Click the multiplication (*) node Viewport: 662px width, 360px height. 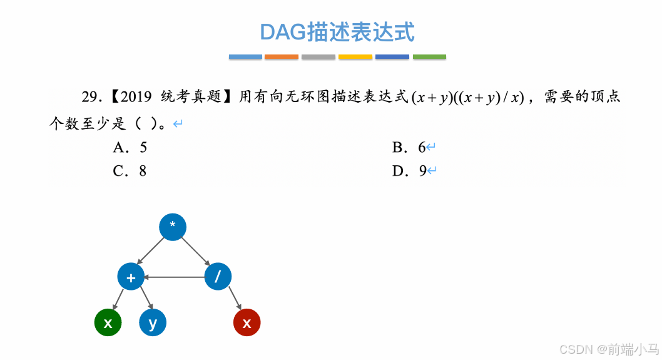click(173, 227)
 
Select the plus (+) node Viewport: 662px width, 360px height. click(131, 277)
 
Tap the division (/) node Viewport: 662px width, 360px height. click(218, 277)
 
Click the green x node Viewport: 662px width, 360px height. click(108, 323)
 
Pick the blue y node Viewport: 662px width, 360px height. click(153, 323)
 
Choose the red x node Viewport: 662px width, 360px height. click(247, 323)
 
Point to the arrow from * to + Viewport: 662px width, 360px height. click(150, 252)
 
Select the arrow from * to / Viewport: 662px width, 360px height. click(196, 252)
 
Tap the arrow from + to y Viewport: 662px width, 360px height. click(145, 298)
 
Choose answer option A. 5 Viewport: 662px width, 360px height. click(130, 148)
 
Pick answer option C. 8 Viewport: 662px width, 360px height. click(130, 171)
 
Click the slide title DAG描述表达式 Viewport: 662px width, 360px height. click(337, 32)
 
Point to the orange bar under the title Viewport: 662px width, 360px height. click(282, 57)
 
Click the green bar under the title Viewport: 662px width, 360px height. click(429, 57)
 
